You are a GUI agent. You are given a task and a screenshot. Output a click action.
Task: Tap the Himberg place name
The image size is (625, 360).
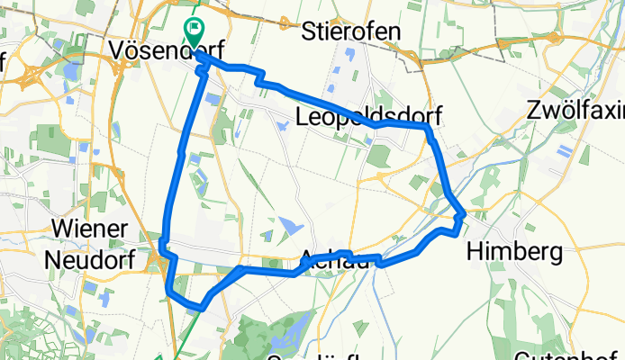(514, 251)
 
